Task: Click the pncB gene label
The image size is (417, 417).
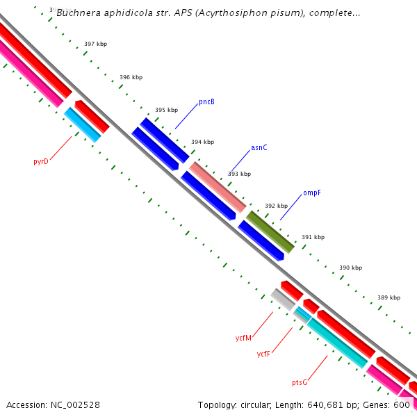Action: click(206, 102)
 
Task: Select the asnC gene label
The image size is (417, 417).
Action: click(259, 148)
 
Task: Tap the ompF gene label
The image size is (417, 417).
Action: click(312, 193)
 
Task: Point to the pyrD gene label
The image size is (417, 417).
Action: click(41, 161)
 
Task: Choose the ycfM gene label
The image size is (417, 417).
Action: click(243, 338)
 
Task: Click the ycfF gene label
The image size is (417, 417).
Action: click(263, 354)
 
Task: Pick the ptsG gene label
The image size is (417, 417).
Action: click(300, 382)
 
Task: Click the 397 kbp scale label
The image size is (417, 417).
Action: click(95, 44)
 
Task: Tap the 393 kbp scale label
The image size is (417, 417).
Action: click(239, 174)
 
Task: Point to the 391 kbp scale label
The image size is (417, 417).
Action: click(313, 237)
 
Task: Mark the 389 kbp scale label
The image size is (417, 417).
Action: click(389, 297)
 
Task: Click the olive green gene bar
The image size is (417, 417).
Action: click(270, 231)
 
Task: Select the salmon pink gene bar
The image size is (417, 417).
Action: click(218, 186)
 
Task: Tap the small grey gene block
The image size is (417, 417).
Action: click(282, 300)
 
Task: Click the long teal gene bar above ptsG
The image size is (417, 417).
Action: click(337, 342)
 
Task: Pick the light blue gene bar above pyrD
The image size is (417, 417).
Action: click(83, 124)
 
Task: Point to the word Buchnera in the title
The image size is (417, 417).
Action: click(78, 13)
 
